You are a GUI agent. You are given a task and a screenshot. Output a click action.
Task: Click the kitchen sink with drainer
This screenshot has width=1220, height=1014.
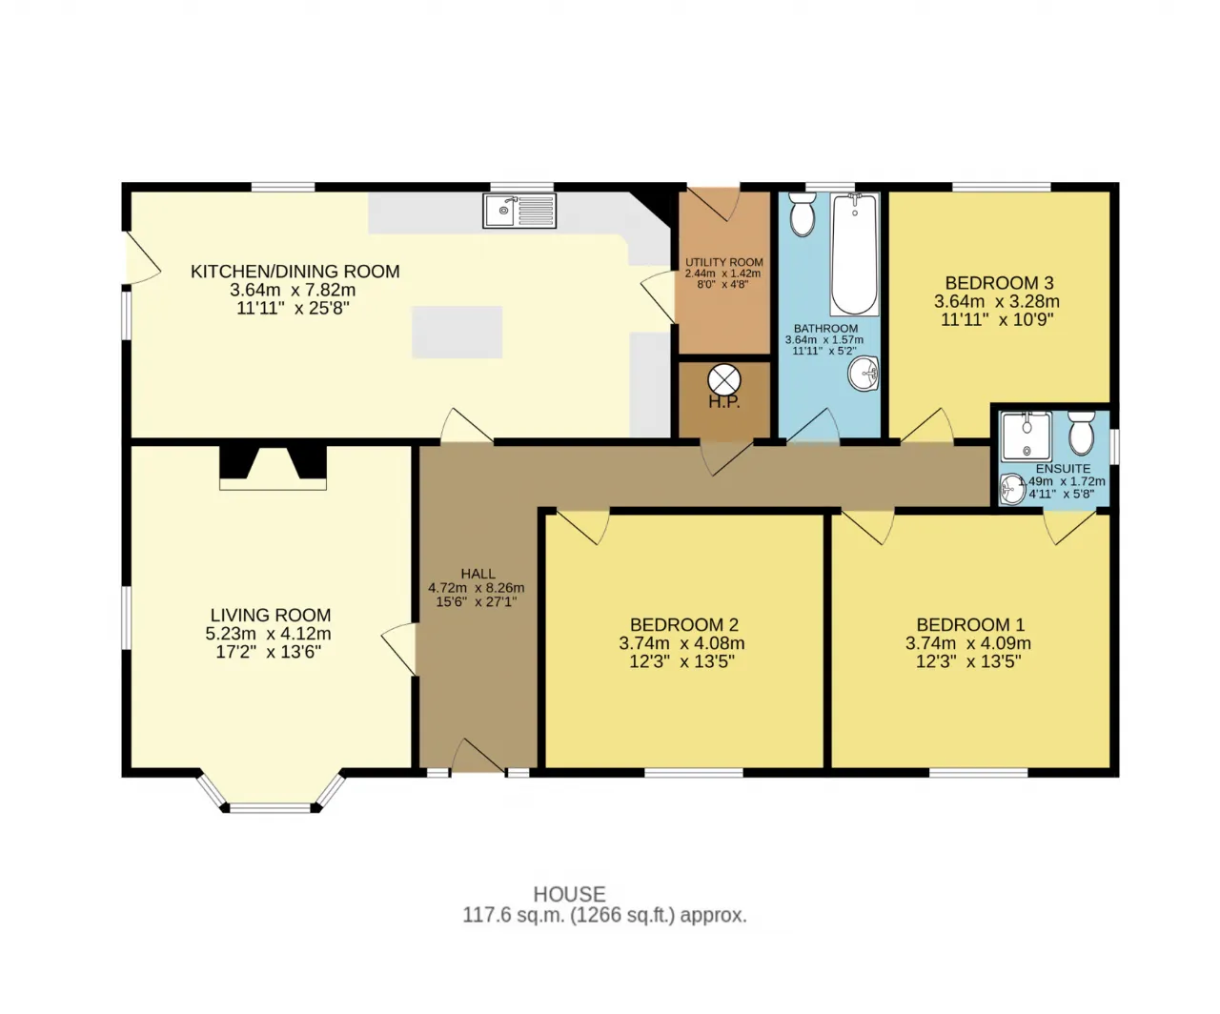[519, 211]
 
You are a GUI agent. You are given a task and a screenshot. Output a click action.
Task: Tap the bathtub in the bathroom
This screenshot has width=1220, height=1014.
[855, 254]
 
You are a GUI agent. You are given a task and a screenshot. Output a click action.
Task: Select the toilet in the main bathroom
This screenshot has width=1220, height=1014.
[803, 214]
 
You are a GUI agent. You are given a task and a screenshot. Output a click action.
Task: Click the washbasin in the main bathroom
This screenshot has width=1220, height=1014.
[864, 374]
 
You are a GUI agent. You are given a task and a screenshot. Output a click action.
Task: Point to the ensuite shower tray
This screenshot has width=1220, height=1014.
[1027, 436]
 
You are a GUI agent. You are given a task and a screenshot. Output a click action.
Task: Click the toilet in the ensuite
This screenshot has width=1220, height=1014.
[1082, 433]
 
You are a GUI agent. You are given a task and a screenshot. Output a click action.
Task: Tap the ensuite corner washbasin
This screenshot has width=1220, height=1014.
[1011, 489]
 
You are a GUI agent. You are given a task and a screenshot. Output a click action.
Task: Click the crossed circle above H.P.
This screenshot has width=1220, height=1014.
[724, 381]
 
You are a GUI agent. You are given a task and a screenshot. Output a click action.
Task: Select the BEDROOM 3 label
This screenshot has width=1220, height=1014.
[999, 283]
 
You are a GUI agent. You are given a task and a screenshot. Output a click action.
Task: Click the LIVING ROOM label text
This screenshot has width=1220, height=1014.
[271, 615]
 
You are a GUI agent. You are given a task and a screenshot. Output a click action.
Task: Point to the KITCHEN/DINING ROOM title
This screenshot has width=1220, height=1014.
[295, 272]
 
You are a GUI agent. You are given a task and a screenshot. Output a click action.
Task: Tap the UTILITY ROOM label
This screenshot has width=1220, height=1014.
[724, 262]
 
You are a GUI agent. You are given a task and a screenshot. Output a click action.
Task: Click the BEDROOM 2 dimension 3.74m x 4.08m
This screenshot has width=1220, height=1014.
[681, 643]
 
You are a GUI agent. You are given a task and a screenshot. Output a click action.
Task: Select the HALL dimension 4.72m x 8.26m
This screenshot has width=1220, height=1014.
[477, 588]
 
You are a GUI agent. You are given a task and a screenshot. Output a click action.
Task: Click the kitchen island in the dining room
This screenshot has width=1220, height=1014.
[457, 332]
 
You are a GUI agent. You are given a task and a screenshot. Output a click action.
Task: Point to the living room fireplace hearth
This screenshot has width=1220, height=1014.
[273, 483]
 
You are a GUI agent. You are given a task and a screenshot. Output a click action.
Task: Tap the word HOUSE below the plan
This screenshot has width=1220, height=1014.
[569, 894]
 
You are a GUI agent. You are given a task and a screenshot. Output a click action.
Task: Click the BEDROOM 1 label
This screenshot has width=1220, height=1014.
[970, 625]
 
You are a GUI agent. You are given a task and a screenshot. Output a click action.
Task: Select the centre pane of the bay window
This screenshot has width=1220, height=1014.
[270, 808]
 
